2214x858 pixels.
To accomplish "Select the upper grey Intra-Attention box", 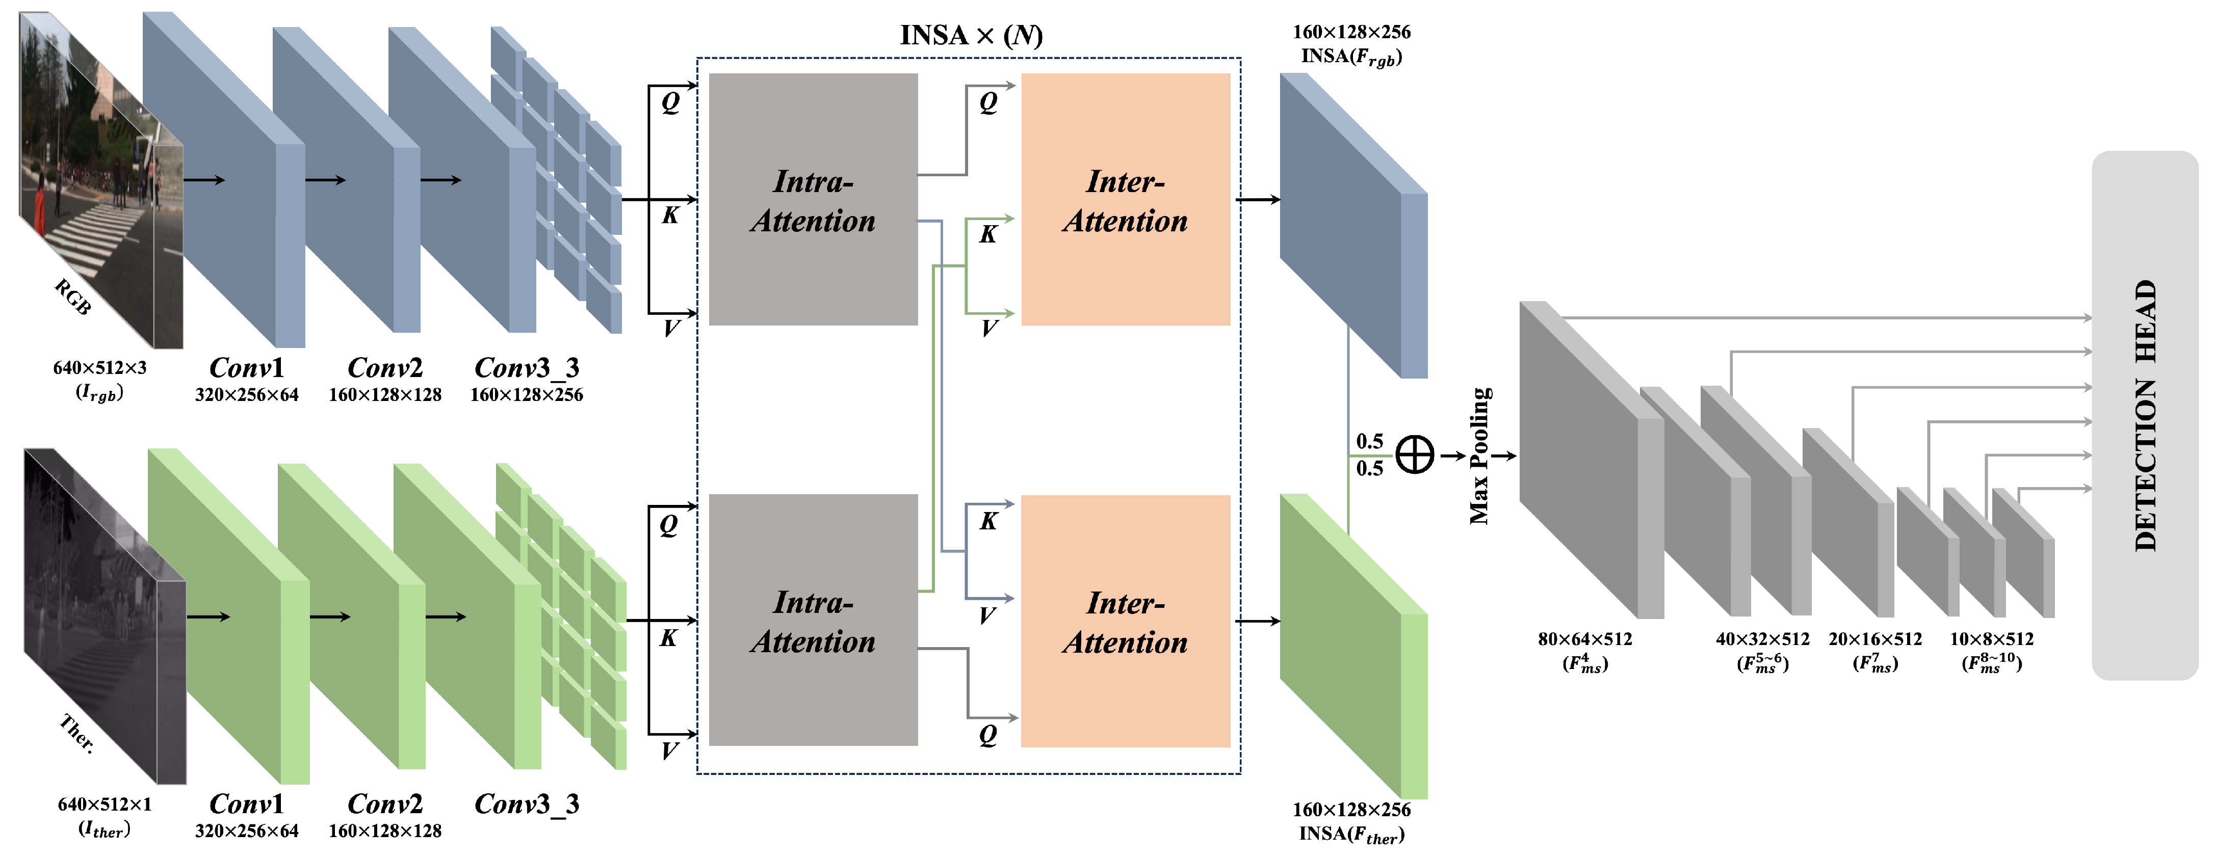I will tap(813, 199).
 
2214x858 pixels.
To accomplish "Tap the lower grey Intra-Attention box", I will tap(813, 620).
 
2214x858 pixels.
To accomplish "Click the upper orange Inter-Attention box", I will tap(1125, 199).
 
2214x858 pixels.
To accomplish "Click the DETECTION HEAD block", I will tap(2144, 416).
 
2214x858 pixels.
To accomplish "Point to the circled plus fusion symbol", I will tap(1414, 454).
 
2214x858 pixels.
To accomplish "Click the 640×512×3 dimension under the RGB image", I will tap(100, 367).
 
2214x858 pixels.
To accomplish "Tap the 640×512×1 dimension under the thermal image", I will tap(104, 804).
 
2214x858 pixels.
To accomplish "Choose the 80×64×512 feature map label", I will tap(1584, 639).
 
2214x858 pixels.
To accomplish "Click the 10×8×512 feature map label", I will tap(1991, 639).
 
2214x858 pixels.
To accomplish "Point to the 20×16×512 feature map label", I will tap(1874, 639).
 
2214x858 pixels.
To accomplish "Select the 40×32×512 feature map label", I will tap(1762, 639).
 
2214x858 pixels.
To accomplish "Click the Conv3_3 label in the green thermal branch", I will tap(526, 804).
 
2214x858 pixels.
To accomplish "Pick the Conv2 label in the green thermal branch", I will tap(384, 804).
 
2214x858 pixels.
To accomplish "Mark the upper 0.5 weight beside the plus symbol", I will tap(1369, 441).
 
